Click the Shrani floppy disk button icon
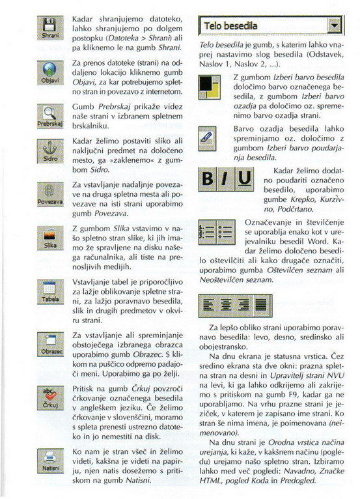tap(50, 28)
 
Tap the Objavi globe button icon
tap(50, 73)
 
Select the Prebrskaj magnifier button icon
tap(50, 116)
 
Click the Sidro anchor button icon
tap(50, 151)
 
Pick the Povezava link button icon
tap(50, 194)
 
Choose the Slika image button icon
tap(50, 238)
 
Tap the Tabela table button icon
tap(50, 292)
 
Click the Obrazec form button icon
tap(50, 345)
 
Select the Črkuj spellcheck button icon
tap(50, 398)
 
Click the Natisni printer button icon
tap(50, 461)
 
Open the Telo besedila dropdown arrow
tap(334, 25)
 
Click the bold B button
tap(208, 179)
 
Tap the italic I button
tap(226, 179)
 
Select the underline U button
tap(244, 179)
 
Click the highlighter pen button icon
tap(207, 139)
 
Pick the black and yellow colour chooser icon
tap(209, 87)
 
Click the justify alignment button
tap(262, 306)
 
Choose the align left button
tap(208, 306)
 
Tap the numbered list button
tap(207, 232)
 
